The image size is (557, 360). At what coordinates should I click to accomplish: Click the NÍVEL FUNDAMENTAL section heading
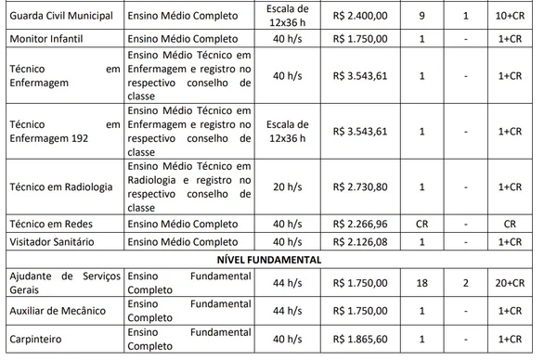[278, 260]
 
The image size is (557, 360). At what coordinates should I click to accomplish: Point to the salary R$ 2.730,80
[366, 186]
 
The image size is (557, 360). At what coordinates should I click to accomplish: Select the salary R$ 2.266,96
[366, 224]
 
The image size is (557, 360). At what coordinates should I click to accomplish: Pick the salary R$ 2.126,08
[366, 241]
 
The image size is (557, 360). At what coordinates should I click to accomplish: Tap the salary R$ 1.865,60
[366, 341]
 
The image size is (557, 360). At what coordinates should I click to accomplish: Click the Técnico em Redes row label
[47, 224]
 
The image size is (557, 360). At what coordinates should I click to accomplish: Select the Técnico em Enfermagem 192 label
[63, 131]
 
